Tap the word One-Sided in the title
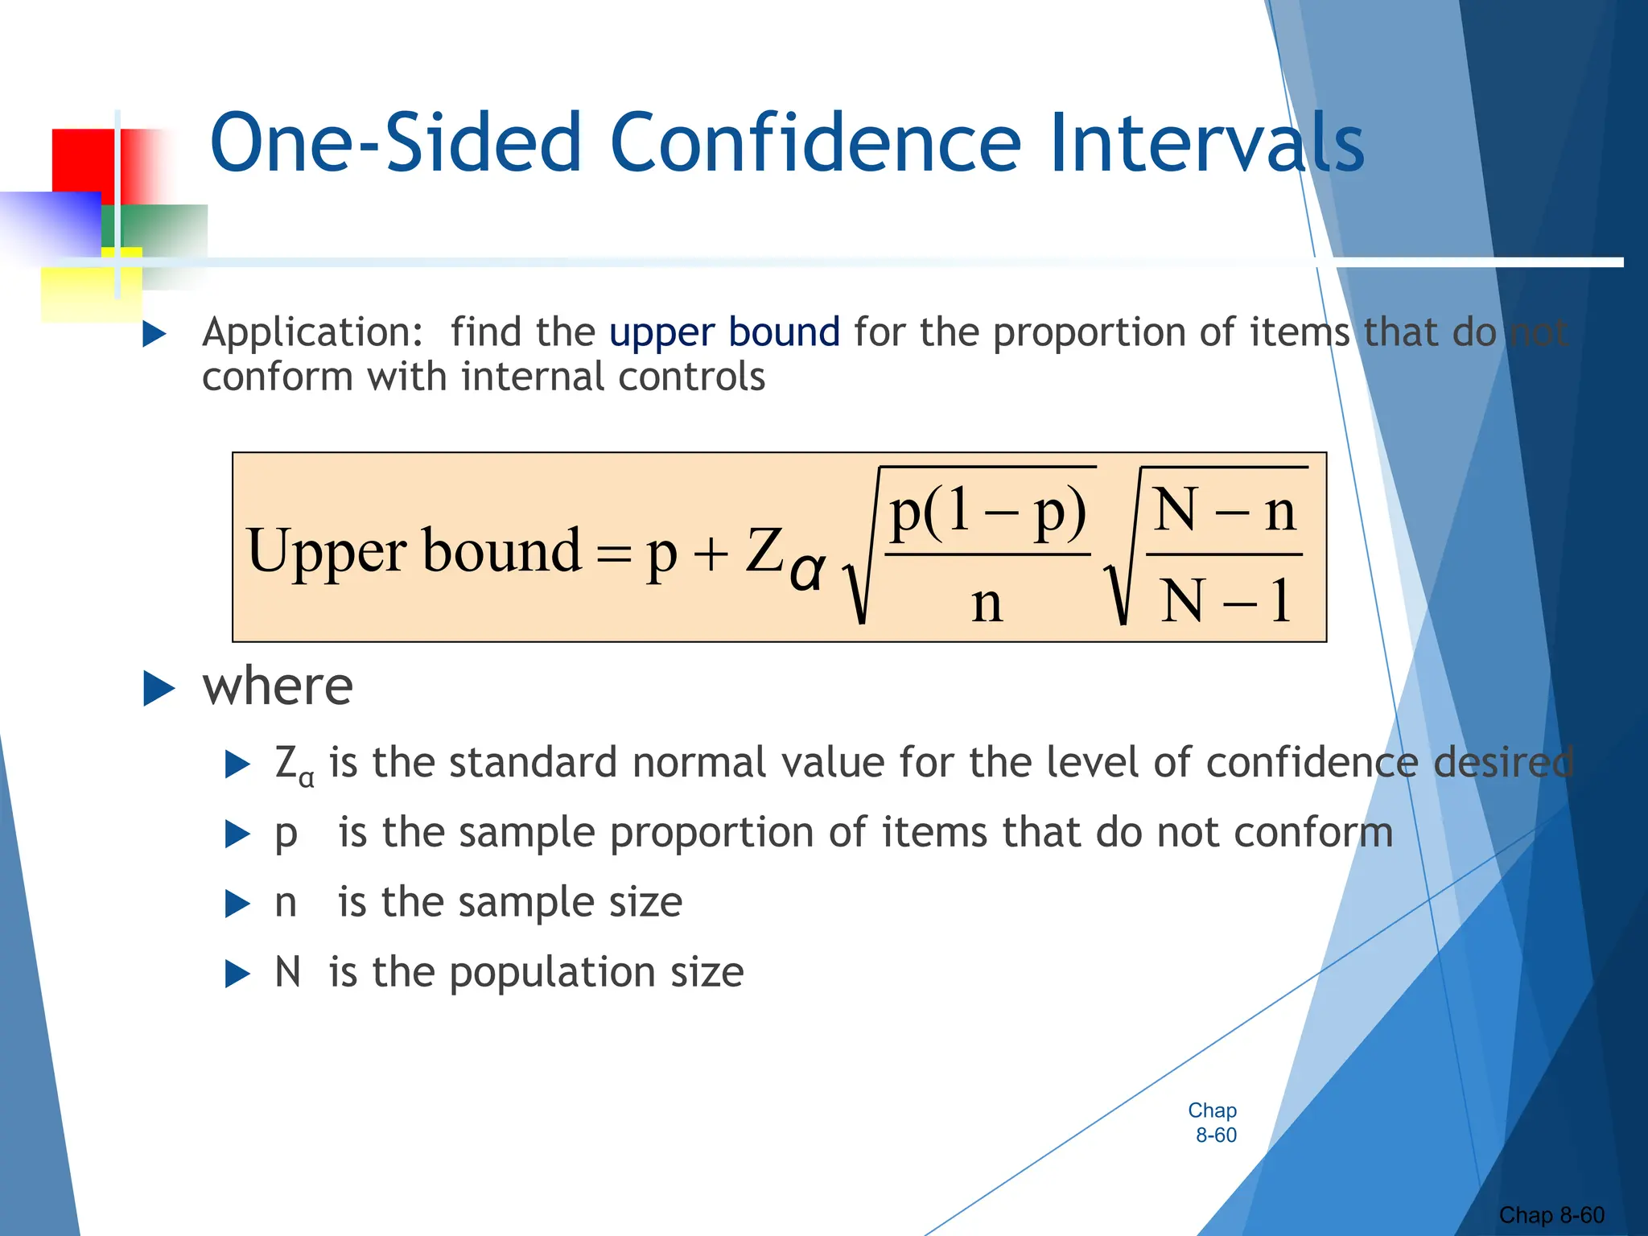coord(394,143)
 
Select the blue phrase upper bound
coord(724,332)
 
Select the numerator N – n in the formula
coord(1224,511)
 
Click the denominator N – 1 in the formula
coord(1224,601)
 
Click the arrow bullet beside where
coord(159,689)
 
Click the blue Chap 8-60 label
coord(1213,1123)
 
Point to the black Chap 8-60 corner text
coord(1551,1215)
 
